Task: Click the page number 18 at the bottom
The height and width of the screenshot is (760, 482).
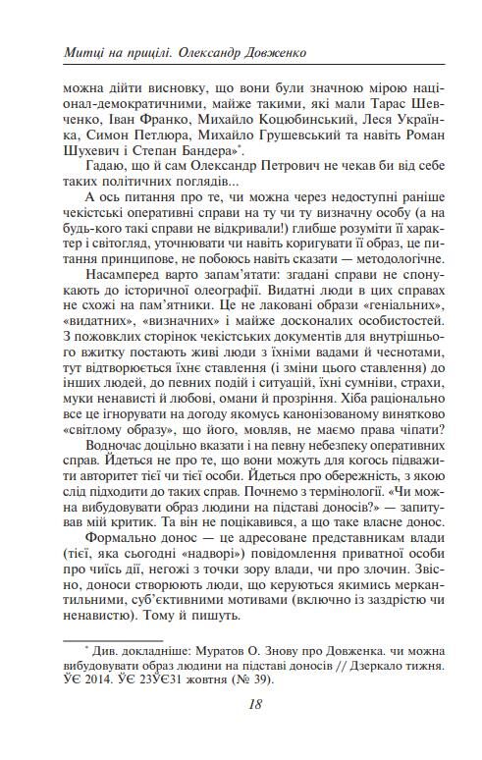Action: click(x=241, y=703)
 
